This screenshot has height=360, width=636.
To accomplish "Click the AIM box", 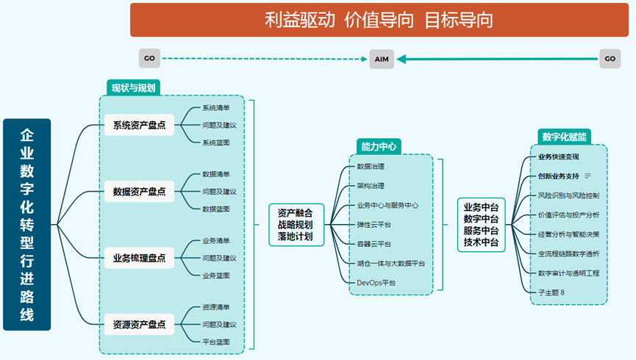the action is click(382, 60).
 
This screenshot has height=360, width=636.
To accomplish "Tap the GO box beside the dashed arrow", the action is click(150, 58).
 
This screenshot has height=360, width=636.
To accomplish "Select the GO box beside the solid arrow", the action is click(610, 59).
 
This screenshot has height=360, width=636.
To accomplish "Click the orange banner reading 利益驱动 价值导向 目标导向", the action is click(379, 20).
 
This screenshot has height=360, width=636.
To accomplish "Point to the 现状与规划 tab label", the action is click(133, 87).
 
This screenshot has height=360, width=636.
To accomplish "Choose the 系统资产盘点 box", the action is click(139, 125).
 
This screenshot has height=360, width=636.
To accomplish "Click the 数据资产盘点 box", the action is click(139, 191).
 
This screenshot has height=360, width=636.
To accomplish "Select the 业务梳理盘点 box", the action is click(139, 258).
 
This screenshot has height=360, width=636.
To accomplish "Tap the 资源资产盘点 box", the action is click(139, 324).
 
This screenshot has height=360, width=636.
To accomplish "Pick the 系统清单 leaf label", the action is click(216, 108).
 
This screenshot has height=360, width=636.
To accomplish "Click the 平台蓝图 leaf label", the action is click(216, 342).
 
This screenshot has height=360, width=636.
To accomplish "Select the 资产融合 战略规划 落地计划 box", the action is click(296, 225).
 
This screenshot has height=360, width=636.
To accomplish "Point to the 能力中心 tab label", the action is click(379, 146).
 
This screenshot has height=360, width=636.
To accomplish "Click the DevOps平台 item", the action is click(376, 283).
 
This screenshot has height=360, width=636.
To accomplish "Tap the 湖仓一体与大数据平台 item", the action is click(391, 264).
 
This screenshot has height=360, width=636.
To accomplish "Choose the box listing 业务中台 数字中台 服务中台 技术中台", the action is click(481, 225).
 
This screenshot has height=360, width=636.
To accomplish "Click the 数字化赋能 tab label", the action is click(564, 137).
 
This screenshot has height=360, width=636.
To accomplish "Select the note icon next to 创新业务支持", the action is click(587, 176).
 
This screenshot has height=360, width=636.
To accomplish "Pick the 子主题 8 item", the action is click(551, 292).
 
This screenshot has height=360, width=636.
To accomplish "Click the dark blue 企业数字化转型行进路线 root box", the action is click(26, 225).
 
